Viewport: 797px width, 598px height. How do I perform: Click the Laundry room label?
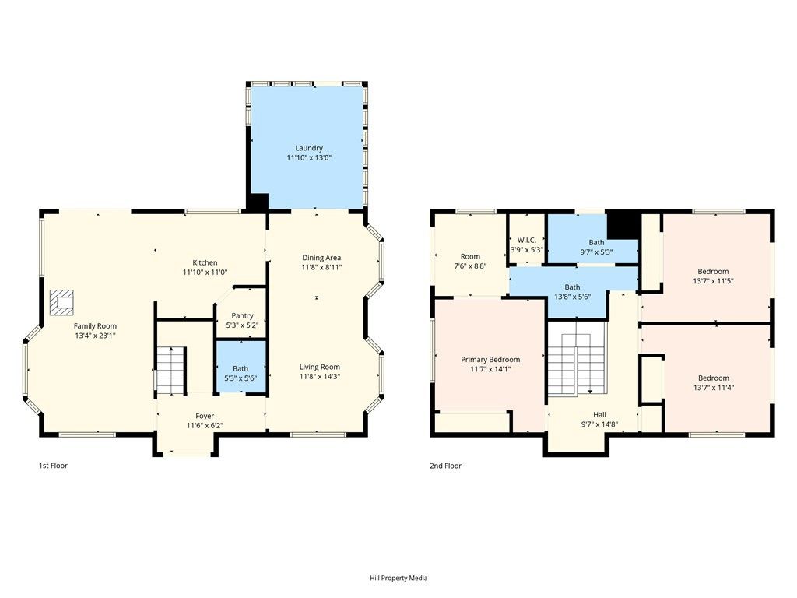[308, 148]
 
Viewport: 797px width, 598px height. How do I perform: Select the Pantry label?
[241, 315]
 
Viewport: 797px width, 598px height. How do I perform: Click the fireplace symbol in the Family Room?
[61, 301]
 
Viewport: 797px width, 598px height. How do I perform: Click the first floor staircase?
[171, 371]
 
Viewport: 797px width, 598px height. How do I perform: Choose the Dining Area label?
[321, 258]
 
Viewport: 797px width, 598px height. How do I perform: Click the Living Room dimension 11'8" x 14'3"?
[320, 377]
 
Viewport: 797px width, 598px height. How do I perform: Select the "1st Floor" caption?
[54, 466]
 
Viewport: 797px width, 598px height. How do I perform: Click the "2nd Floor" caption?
[445, 466]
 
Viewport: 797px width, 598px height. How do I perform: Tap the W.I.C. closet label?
[527, 241]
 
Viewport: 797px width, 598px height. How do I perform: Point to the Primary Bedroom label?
[490, 360]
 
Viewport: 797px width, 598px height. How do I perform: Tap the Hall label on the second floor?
[599, 414]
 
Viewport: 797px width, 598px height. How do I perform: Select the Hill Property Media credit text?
[398, 578]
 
